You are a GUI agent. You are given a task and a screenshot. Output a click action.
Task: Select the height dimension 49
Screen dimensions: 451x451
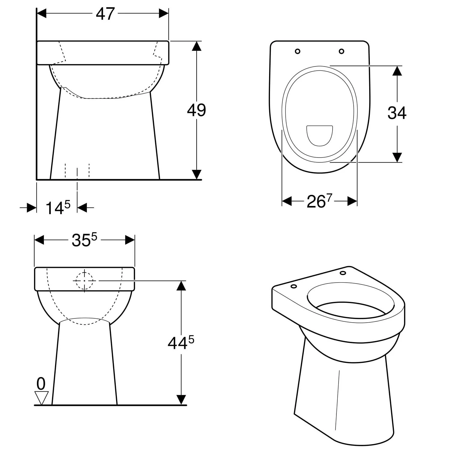click(x=196, y=110)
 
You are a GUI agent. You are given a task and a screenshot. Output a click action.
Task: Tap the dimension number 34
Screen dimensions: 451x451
click(x=397, y=113)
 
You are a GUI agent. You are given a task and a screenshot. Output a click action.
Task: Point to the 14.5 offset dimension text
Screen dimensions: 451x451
click(x=58, y=207)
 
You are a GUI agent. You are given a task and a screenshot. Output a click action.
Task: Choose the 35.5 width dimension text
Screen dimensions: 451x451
click(x=84, y=240)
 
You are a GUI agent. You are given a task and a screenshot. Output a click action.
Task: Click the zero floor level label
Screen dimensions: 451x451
click(x=41, y=384)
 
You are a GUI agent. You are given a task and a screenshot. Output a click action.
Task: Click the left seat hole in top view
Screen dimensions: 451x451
click(x=297, y=51)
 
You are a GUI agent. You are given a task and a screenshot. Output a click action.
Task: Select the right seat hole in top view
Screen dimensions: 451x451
click(x=341, y=51)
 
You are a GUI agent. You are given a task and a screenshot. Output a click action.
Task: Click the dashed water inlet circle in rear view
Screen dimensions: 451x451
click(x=84, y=281)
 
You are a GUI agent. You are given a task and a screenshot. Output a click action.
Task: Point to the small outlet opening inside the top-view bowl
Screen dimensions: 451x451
click(x=319, y=135)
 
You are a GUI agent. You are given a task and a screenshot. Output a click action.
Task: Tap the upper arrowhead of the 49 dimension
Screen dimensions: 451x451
click(x=196, y=46)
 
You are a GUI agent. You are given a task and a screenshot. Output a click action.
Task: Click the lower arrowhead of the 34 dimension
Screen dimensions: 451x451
click(x=397, y=157)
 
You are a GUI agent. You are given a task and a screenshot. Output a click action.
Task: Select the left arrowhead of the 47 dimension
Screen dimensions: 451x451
click(x=41, y=14)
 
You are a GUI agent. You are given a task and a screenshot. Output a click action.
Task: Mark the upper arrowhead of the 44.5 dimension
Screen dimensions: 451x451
click(x=181, y=286)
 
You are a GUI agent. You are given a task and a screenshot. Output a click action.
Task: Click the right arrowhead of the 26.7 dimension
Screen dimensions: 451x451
click(x=352, y=201)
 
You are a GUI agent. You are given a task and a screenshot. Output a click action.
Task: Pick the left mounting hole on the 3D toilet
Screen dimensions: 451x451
click(x=294, y=286)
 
